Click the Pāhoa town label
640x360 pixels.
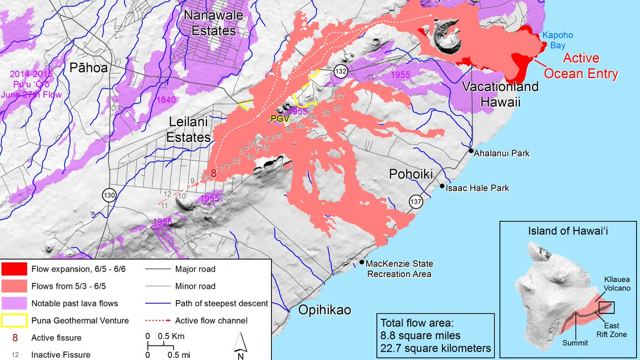88,68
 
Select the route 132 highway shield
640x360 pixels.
341,72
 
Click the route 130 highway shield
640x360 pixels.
109,195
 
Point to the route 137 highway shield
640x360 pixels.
416,201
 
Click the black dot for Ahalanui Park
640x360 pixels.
471,151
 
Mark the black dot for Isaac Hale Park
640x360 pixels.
442,186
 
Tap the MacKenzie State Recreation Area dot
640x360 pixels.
361,263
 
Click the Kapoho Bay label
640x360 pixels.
558,40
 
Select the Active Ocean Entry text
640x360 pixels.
581,66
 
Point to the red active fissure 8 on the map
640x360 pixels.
213,173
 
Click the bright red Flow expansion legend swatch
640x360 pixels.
13,269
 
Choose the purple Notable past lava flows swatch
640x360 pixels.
13,303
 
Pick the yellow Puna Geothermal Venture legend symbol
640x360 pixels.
13,320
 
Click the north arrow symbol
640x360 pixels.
240,343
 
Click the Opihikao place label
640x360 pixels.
324,310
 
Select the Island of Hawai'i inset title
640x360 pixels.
568,231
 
